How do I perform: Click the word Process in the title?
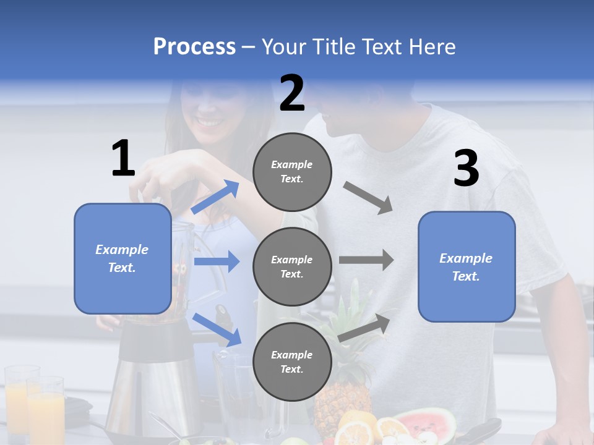(x=194, y=47)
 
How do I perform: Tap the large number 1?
(x=123, y=158)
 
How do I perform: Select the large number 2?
(x=292, y=93)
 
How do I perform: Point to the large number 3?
(x=466, y=169)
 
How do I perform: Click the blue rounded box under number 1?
(x=123, y=258)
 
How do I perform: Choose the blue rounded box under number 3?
(x=467, y=267)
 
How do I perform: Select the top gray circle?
(x=292, y=171)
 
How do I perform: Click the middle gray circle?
(x=292, y=266)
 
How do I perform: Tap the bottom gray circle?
(x=292, y=362)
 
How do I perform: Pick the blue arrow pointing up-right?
(x=216, y=197)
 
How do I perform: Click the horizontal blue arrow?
(x=217, y=261)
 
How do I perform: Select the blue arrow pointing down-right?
(x=217, y=329)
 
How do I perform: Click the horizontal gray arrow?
(x=366, y=260)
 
